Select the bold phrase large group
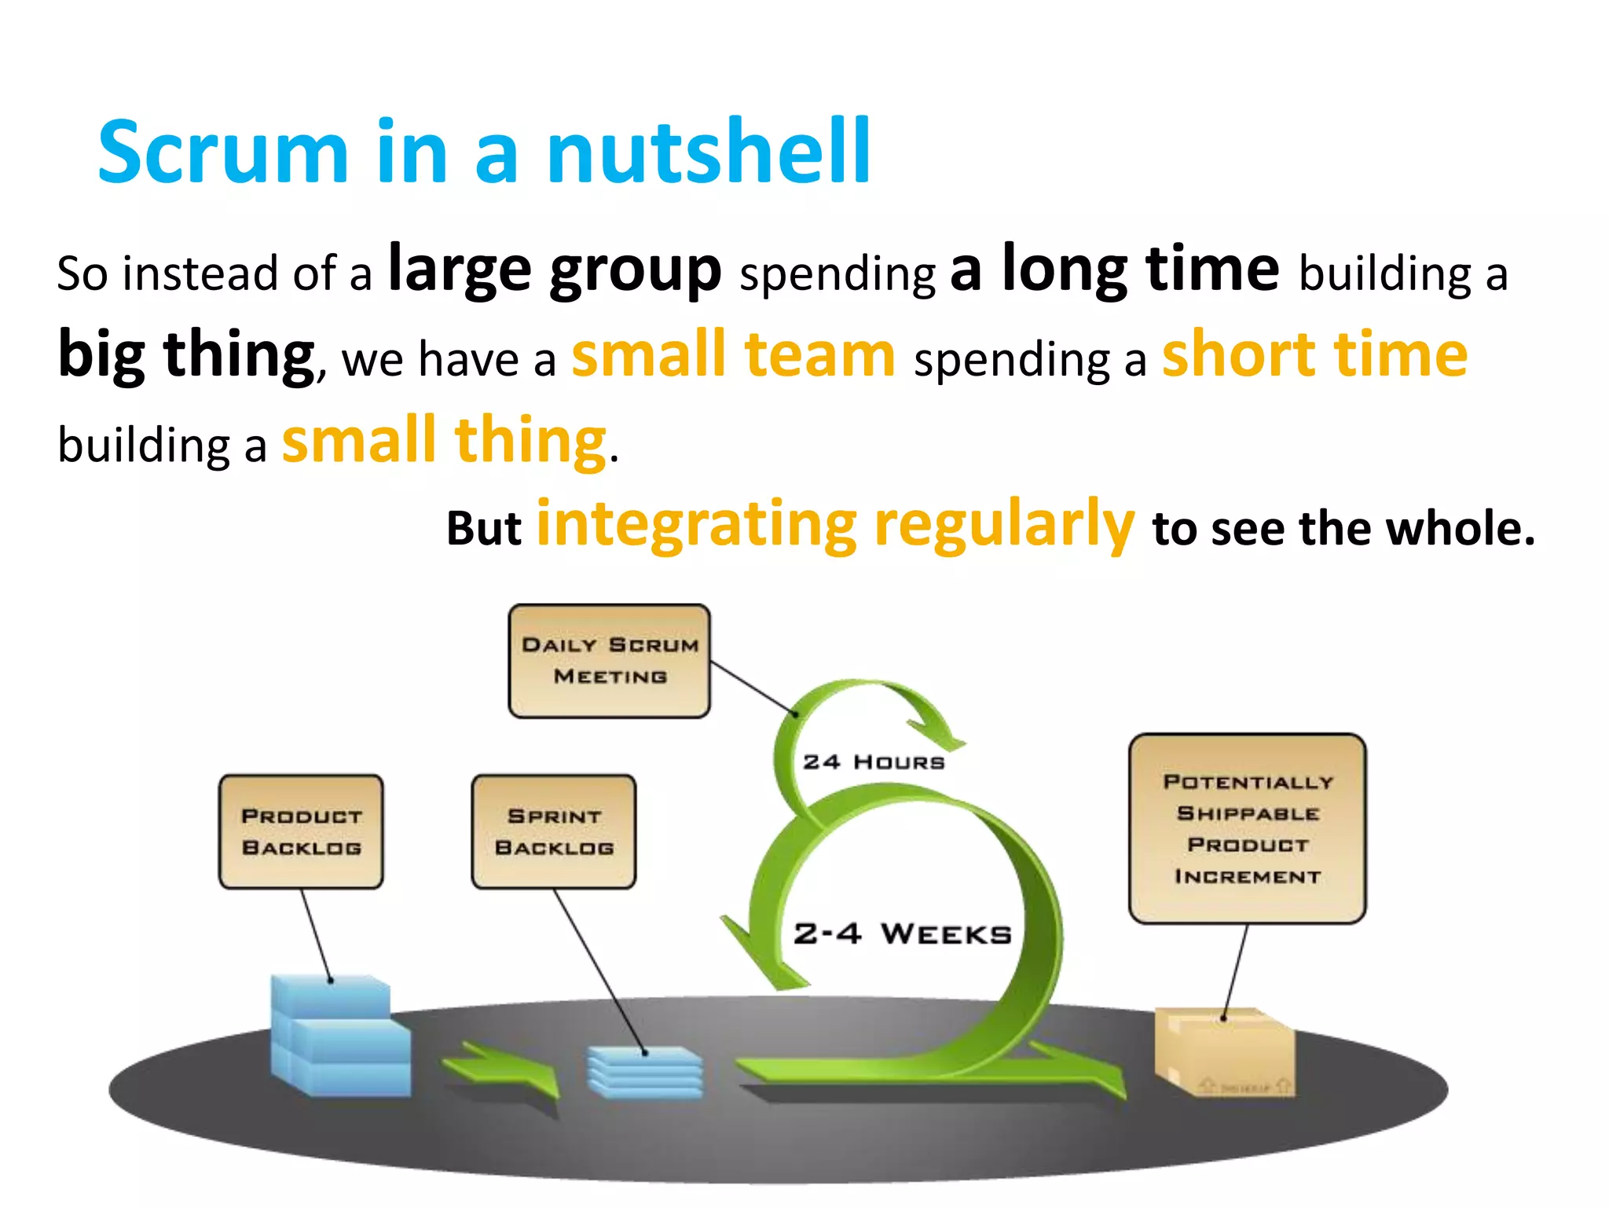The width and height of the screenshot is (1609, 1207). pos(555,270)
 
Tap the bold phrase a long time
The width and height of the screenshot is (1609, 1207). pos(1114,270)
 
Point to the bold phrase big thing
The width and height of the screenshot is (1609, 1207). pos(186,355)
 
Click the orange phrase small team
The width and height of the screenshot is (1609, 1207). pos(733,355)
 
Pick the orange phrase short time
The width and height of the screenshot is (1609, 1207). pos(1314,355)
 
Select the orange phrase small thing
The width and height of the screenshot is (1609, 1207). pos(444,441)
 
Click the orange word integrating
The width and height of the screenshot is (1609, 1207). pos(696,525)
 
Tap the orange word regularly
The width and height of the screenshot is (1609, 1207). pos(1004,525)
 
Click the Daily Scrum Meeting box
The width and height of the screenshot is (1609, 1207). pos(610,661)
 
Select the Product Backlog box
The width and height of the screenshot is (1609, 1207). pos(301,831)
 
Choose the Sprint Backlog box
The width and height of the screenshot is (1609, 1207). pos(554,831)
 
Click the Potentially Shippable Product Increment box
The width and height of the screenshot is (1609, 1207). pos(1247,828)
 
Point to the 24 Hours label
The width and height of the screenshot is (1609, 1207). pos(873,762)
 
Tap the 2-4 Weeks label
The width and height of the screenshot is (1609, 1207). pos(902,934)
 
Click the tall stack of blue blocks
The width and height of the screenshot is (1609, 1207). pos(338,1037)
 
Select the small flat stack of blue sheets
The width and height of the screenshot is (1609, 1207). pos(644,1072)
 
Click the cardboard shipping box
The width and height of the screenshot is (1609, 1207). pos(1224,1053)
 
